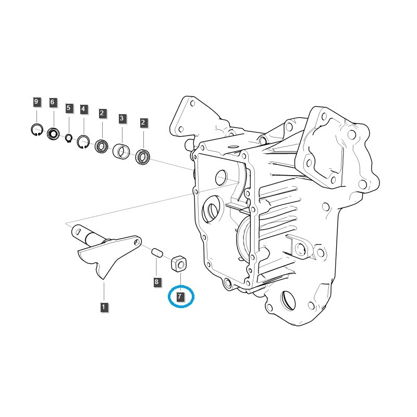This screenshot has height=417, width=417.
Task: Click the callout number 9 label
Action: tap(36, 102)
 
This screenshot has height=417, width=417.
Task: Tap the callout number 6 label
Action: tap(52, 102)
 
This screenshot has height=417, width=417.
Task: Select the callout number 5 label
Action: tap(68, 108)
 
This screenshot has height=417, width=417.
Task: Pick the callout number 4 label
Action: tap(83, 109)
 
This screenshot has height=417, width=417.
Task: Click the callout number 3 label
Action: tap(121, 119)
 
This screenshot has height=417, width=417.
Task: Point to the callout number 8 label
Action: tap(156, 282)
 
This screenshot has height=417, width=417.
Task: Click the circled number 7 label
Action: tap(180, 297)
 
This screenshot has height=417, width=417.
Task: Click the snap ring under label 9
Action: tap(36, 130)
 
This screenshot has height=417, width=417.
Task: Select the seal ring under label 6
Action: tap(53, 134)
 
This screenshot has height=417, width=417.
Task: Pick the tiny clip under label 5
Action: tap(69, 138)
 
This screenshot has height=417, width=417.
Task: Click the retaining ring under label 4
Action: tap(83, 142)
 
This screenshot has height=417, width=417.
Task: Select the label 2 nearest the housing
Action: tap(143, 123)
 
